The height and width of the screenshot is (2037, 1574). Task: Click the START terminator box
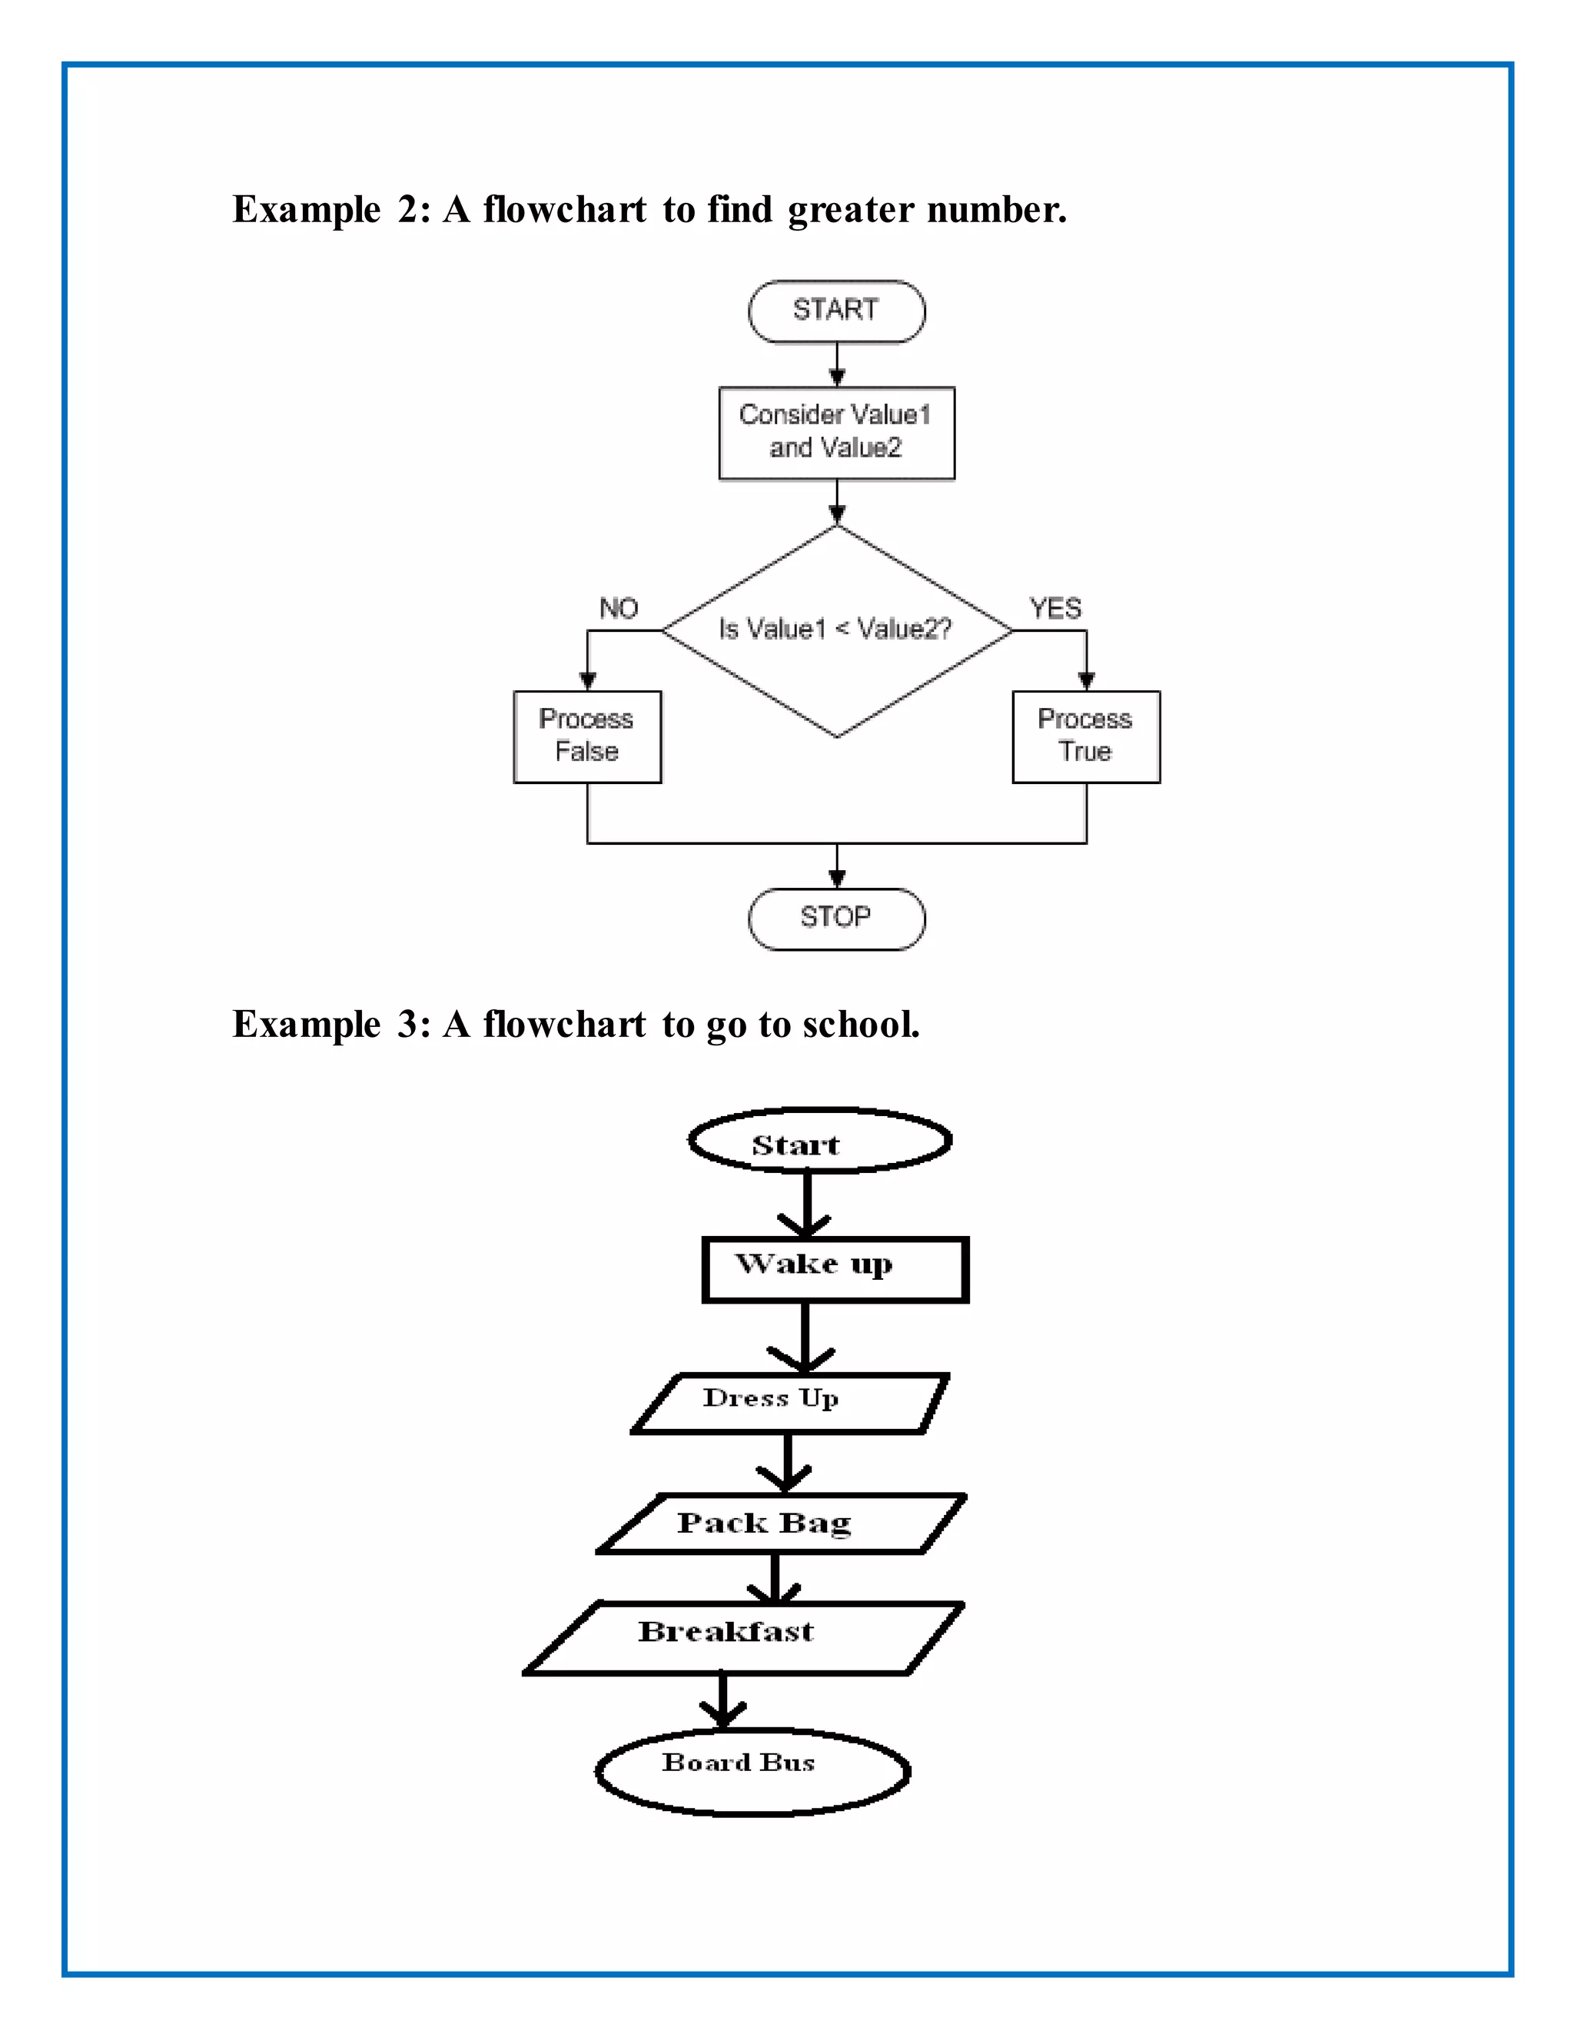836,311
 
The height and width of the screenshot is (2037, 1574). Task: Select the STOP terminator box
836,919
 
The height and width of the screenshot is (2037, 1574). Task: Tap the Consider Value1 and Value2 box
836,433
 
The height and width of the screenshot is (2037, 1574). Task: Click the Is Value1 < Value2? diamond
836,630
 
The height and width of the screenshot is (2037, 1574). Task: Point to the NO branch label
618,609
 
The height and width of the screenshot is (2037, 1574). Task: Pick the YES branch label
1054,609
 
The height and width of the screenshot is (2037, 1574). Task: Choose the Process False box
586,736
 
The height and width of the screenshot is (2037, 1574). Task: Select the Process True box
1085,736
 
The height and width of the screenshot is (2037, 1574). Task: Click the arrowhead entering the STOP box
836,878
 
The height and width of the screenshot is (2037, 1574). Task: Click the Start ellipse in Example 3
819,1141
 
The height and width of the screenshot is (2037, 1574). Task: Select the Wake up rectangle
835,1269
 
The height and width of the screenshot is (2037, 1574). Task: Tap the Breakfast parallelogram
744,1639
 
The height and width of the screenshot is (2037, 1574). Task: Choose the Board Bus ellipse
752,1771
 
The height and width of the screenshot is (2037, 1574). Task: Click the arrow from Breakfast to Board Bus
722,1701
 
